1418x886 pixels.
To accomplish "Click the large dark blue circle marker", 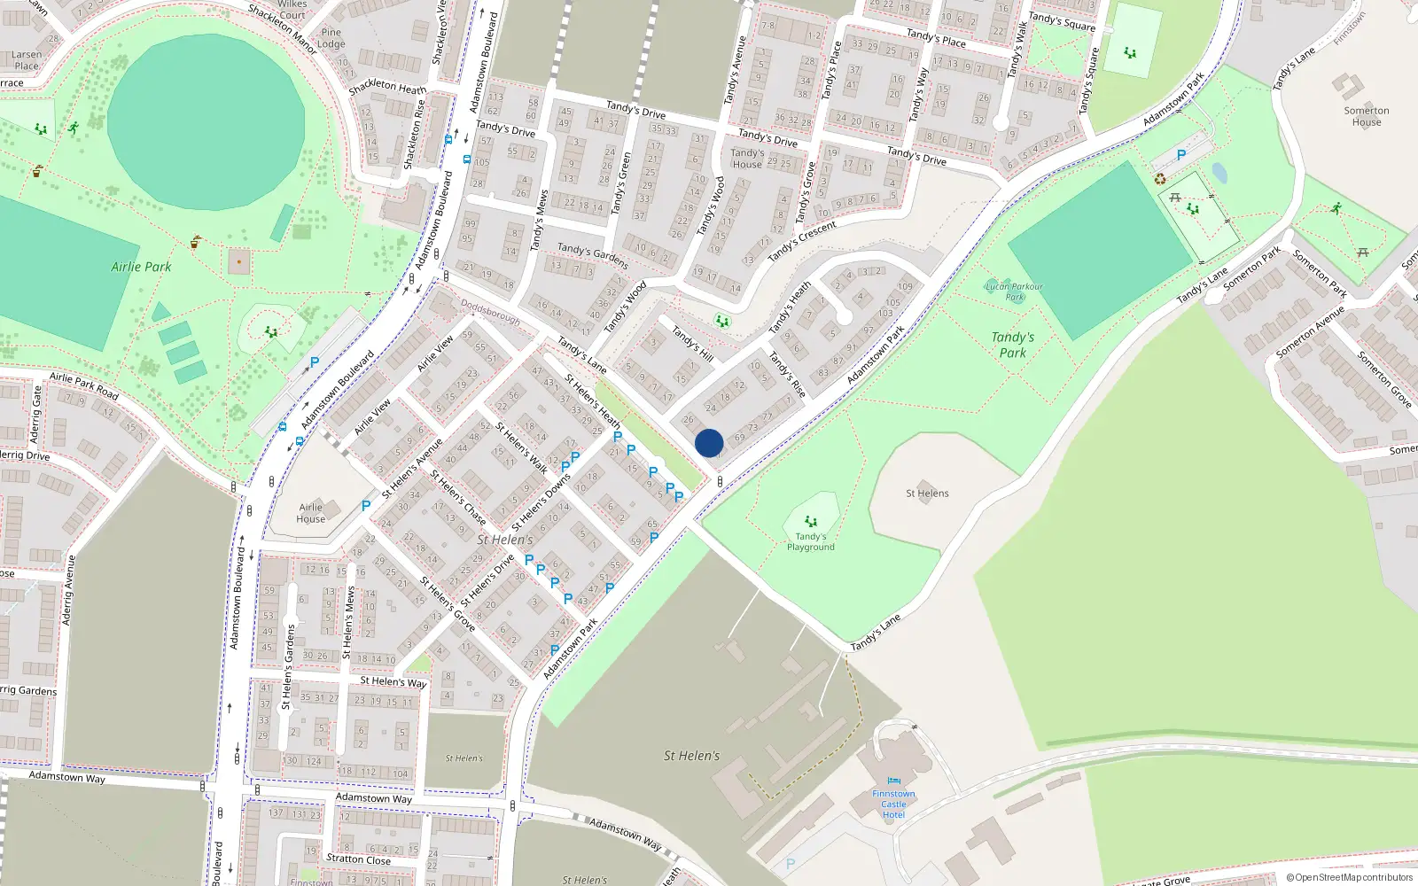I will [x=709, y=443].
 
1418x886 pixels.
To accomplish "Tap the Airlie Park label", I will [x=141, y=267].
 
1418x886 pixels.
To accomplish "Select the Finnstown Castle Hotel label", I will [x=893, y=804].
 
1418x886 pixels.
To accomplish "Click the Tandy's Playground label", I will [x=811, y=541].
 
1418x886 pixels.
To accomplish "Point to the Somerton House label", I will [x=1367, y=116].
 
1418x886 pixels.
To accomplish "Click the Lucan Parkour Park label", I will [x=1015, y=291].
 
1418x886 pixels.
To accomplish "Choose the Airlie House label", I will [x=310, y=513].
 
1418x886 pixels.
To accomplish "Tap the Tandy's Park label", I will [x=1013, y=345].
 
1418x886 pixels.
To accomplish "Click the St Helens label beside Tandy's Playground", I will [x=927, y=494].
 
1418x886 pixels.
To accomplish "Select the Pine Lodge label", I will [x=331, y=38].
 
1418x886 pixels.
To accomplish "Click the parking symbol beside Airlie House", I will [x=366, y=506].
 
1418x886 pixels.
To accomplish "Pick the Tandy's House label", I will [x=747, y=159].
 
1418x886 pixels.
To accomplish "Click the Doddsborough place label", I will [x=490, y=311].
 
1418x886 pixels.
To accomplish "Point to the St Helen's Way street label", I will [x=393, y=681].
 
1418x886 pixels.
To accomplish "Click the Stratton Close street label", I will [x=358, y=859].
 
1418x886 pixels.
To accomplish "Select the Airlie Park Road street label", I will [x=84, y=385].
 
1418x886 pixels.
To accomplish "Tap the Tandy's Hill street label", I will [x=692, y=344].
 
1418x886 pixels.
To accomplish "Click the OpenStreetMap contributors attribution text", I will [x=1350, y=877].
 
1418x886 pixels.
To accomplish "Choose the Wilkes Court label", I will [x=292, y=10].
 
